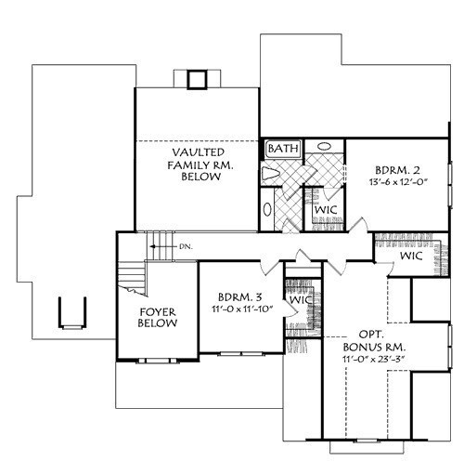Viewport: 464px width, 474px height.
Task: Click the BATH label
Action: pyautogui.click(x=283, y=149)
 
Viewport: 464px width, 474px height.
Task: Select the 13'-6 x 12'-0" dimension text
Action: pyautogui.click(x=398, y=182)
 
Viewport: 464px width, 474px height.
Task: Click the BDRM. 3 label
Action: pyautogui.click(x=240, y=297)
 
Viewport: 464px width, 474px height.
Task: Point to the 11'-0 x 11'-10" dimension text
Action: pyautogui.click(x=242, y=309)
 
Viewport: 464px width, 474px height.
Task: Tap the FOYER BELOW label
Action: pyautogui.click(x=158, y=318)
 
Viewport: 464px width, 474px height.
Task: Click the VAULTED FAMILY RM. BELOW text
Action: pyautogui.click(x=200, y=165)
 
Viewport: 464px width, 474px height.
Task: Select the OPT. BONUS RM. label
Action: pyautogui.click(x=374, y=340)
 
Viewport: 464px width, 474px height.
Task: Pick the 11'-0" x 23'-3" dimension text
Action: pyautogui.click(x=374, y=360)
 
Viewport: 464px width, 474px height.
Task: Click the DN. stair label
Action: pyautogui.click(x=186, y=247)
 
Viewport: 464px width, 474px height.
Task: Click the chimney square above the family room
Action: pyautogui.click(x=197, y=80)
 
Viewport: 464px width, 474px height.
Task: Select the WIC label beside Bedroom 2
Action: pyautogui.click(x=326, y=210)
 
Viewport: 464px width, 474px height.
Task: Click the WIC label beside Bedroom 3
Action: pyautogui.click(x=300, y=300)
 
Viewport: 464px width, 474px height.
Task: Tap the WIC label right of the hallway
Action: pyautogui.click(x=411, y=256)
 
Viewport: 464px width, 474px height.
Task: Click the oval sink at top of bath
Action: pyautogui.click(x=324, y=146)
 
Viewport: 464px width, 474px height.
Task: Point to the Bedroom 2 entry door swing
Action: pyautogui.click(x=358, y=224)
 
